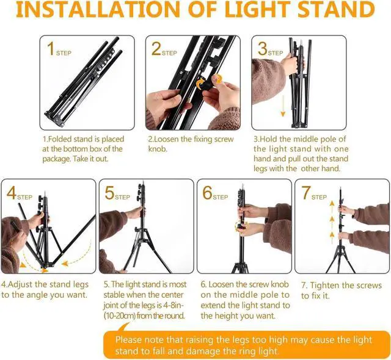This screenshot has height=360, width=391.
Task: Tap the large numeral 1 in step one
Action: [51, 49]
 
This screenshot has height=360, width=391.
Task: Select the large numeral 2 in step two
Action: [156, 49]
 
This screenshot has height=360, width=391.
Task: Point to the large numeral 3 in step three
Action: [263, 49]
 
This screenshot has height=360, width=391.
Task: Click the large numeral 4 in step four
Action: [12, 193]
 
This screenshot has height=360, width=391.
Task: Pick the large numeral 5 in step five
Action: [109, 193]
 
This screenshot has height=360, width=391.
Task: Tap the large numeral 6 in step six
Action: [208, 193]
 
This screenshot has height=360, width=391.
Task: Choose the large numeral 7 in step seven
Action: [306, 193]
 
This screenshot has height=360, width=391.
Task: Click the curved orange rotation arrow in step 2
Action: [200, 84]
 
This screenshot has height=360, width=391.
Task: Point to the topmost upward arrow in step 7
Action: [332, 206]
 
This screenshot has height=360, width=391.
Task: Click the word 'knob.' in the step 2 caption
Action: [157, 149]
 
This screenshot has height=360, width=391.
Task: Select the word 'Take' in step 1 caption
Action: [81, 159]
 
